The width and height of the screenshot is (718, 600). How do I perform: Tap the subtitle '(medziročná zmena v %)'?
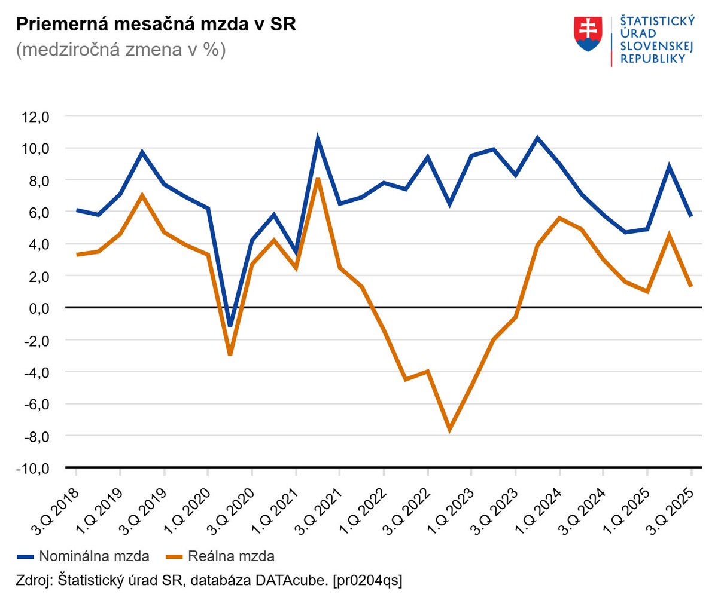tap(121, 50)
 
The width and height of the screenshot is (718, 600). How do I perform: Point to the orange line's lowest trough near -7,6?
tap(449, 429)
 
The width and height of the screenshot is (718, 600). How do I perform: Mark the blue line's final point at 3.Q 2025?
tap(691, 216)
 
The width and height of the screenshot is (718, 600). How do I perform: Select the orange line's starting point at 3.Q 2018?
tap(77, 255)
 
